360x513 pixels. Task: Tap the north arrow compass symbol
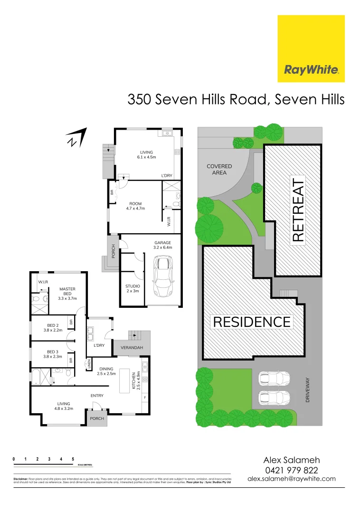(77, 137)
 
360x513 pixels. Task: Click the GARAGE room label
(162, 245)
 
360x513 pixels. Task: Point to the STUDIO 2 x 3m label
(133, 288)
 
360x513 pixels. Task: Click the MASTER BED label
(67, 294)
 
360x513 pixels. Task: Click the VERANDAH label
(132, 348)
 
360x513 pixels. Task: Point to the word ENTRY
(97, 395)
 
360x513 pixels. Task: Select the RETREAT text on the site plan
(298, 210)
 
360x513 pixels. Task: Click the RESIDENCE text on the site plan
(252, 322)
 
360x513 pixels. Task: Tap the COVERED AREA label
(219, 170)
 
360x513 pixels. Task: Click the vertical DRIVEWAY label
(308, 390)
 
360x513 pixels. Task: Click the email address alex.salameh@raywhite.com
(292, 479)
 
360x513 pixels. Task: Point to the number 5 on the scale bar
(73, 459)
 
